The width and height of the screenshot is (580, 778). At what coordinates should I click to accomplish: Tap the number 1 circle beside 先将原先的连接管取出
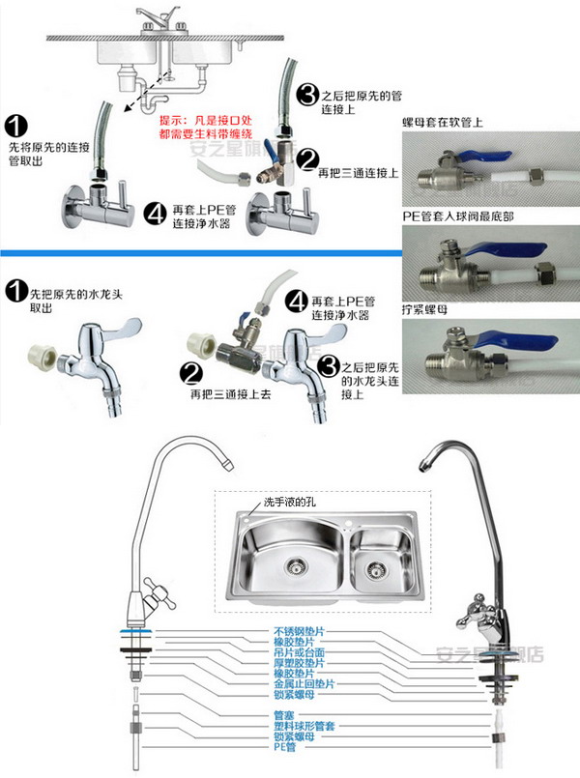pos(16,126)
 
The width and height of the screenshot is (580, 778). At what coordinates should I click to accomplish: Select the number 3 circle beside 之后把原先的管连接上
pos(307,95)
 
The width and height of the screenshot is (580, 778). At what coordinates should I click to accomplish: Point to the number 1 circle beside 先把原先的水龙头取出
pos(16,291)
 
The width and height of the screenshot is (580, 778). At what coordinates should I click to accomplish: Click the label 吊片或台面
pos(297,652)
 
